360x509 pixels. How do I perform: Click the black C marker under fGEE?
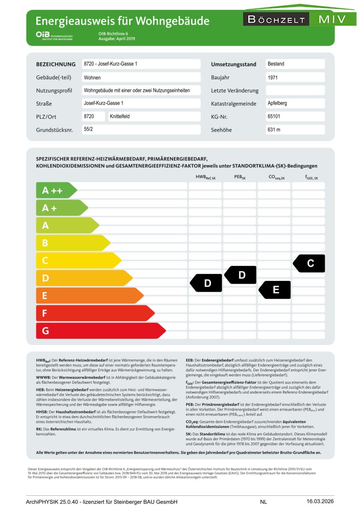point(310,263)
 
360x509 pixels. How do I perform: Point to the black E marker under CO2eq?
point(275,290)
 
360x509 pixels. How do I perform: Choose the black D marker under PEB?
point(241,275)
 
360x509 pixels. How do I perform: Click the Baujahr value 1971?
point(273,77)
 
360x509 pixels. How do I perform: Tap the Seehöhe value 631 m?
point(274,130)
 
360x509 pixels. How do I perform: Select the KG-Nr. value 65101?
point(274,116)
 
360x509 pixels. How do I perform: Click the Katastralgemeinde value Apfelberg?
point(277,103)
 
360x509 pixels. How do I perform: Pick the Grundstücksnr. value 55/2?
point(88,129)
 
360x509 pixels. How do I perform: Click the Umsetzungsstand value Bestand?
point(276,64)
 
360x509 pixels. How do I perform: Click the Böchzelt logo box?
point(276,20)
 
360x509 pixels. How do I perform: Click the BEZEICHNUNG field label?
point(56,64)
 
